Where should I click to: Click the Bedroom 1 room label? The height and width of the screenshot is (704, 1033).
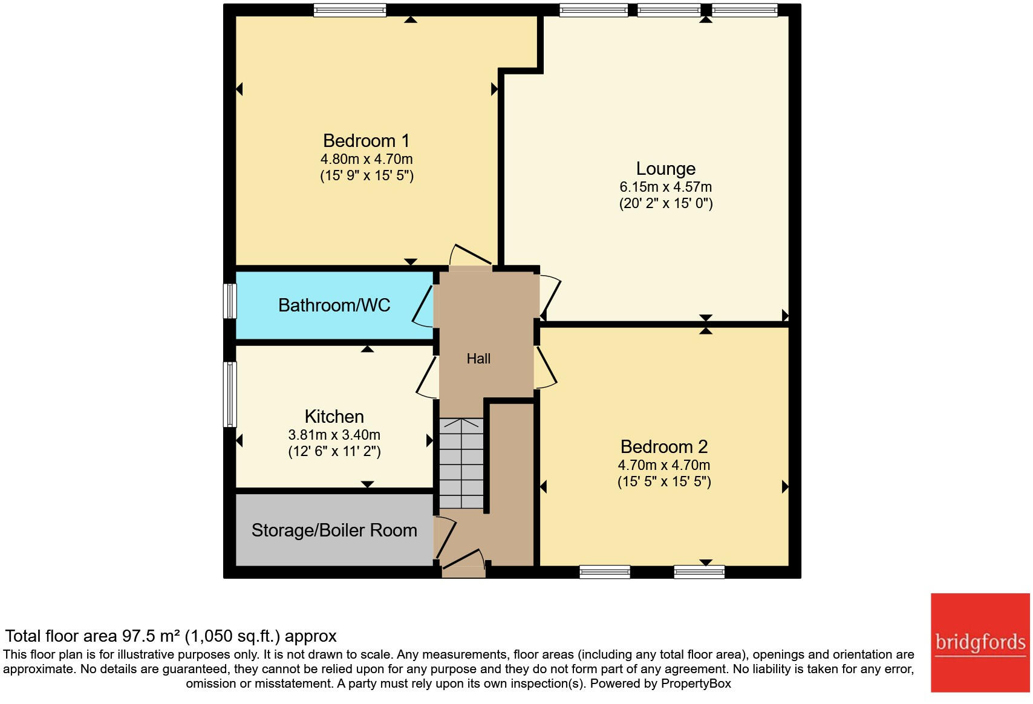click(366, 141)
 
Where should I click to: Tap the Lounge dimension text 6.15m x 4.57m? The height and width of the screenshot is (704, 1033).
click(665, 187)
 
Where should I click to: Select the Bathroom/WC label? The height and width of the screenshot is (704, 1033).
click(334, 305)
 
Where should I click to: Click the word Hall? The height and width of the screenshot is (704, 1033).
click(478, 359)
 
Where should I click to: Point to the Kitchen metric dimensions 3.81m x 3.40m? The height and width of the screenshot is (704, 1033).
click(334, 435)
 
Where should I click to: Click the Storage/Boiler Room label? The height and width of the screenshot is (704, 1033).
click(334, 530)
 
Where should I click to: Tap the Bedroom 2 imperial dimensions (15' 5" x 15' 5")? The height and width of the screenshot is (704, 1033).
click(664, 482)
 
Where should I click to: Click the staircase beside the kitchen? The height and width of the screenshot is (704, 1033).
click(461, 463)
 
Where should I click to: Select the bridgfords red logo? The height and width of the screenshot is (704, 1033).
click(980, 642)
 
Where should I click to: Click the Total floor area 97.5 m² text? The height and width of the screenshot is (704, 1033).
click(171, 636)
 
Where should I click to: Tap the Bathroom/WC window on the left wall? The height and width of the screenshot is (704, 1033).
click(230, 301)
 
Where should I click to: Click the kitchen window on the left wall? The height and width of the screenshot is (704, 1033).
click(230, 394)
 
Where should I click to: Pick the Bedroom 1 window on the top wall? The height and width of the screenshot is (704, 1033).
click(350, 10)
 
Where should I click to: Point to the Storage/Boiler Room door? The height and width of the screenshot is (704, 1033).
click(446, 535)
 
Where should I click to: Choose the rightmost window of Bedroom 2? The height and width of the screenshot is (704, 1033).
click(699, 572)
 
